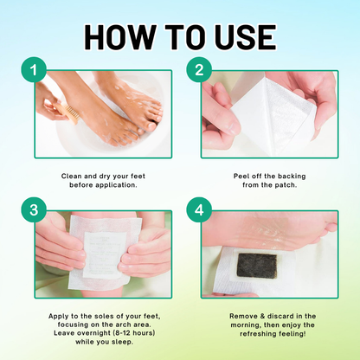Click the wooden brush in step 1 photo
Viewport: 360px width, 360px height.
pyautogui.click(x=65, y=110)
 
